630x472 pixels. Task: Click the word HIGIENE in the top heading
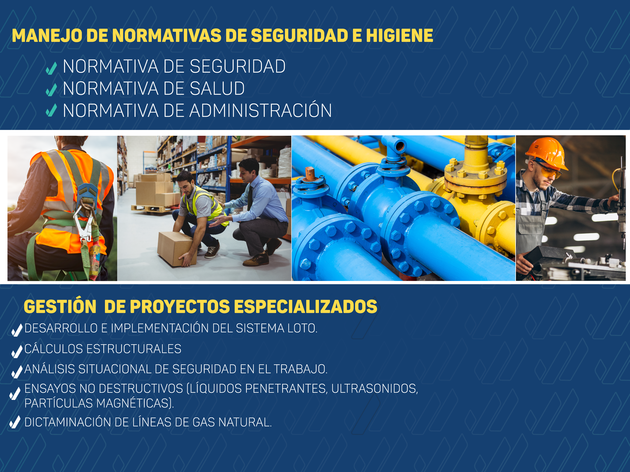(x=399, y=36)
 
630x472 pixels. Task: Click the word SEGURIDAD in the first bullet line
(x=237, y=66)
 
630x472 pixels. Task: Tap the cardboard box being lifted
(x=177, y=249)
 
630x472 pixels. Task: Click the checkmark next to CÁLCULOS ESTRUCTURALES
(x=17, y=352)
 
